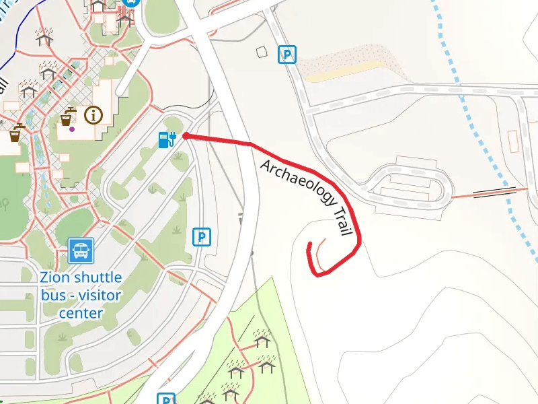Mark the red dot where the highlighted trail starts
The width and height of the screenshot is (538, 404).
[185, 136]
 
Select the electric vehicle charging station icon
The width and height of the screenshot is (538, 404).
[166, 139]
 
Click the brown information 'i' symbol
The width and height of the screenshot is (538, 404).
[93, 115]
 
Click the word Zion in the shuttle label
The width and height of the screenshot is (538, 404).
[54, 277]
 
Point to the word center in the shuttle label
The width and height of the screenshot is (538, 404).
[80, 313]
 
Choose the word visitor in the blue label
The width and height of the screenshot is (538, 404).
[98, 295]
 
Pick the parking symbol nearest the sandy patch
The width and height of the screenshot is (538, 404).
[287, 55]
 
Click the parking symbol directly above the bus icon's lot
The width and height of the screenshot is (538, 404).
[201, 236]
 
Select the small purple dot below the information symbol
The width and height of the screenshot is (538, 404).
[72, 129]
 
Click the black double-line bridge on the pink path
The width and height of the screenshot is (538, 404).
[494, 193]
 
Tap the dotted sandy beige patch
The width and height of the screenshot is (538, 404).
[343, 64]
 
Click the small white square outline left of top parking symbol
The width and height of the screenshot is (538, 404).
[262, 52]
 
